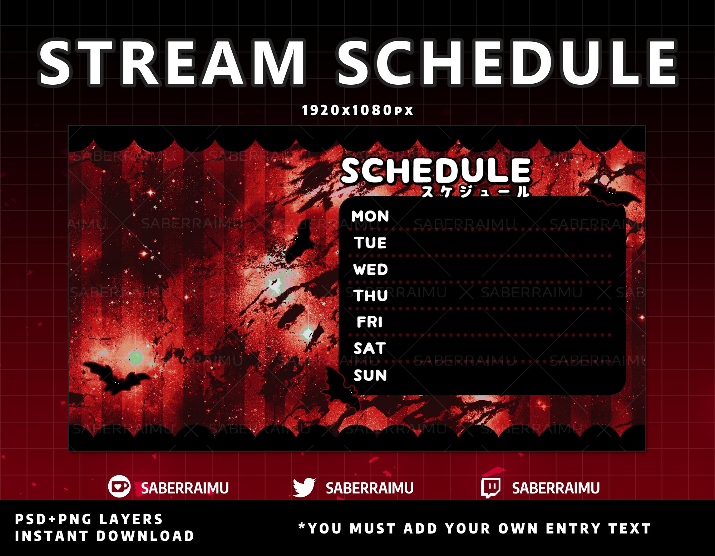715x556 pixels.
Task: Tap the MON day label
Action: click(370, 216)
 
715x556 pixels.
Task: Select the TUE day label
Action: click(370, 243)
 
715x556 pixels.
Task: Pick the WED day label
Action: click(370, 269)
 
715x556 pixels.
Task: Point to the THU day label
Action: click(371, 296)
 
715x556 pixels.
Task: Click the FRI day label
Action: click(370, 322)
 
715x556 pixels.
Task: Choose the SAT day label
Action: click(370, 348)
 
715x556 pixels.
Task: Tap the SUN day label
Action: click(370, 375)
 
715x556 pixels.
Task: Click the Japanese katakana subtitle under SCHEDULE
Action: click(475, 192)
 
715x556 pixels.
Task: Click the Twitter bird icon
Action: click(304, 487)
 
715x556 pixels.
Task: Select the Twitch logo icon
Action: click(490, 488)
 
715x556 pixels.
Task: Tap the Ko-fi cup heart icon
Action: click(119, 486)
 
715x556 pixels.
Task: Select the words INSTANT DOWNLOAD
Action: click(104, 536)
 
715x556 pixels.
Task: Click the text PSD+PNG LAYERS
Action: click(89, 519)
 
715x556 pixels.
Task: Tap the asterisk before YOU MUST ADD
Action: click(302, 526)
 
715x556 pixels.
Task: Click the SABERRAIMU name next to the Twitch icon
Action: click(556, 488)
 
